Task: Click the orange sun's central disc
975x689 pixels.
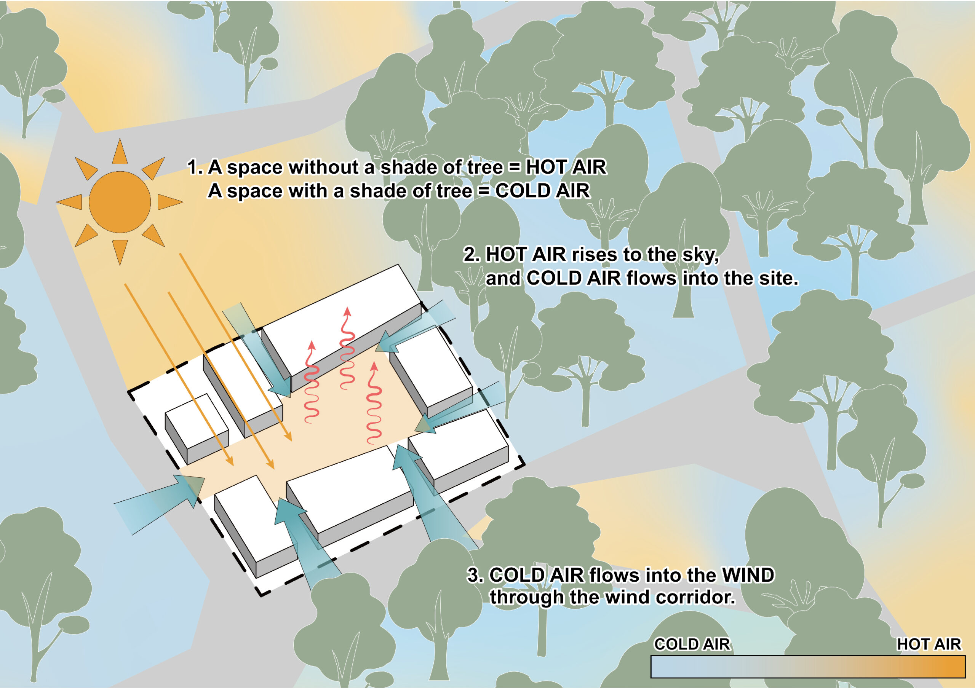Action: [120, 202]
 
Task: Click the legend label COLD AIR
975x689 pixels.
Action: [692, 644]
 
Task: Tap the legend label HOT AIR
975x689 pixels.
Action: [929, 644]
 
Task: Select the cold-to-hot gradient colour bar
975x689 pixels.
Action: [808, 667]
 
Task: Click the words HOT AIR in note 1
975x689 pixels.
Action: [566, 167]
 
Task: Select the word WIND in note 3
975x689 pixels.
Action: [748, 575]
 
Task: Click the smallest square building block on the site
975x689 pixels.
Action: [197, 428]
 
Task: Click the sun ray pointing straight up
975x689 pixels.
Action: [120, 151]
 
